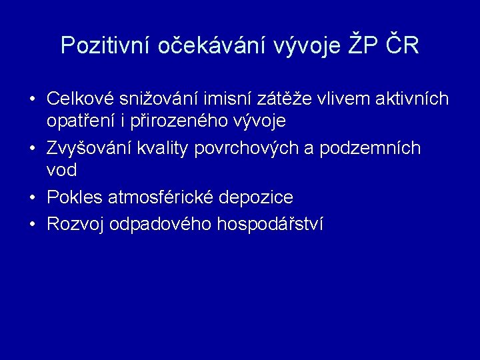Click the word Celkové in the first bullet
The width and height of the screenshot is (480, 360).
point(80,99)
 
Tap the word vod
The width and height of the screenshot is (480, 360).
point(61,171)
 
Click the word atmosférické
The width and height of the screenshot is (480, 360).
point(163,197)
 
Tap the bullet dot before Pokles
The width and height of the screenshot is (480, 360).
point(32,198)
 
